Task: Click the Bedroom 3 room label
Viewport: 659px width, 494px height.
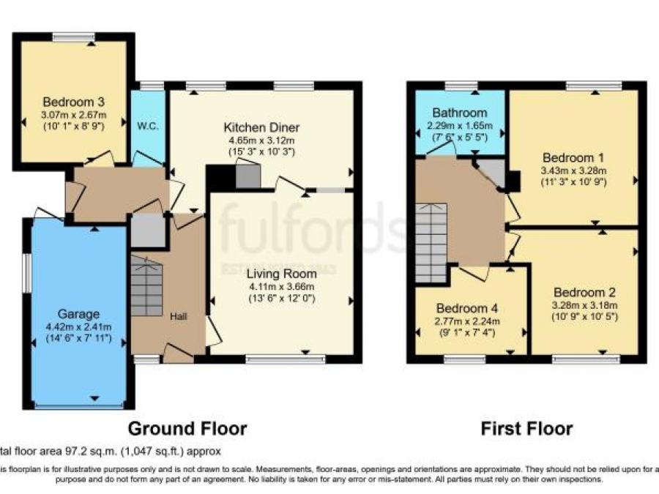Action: click(74, 102)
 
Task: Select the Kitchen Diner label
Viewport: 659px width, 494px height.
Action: click(262, 127)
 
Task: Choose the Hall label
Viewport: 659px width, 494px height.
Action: click(179, 316)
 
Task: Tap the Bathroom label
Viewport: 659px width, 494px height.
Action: click(459, 113)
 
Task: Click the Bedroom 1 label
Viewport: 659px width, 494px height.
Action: click(573, 157)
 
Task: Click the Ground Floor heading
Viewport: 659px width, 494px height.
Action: click(187, 428)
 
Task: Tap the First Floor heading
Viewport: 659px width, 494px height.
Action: click(526, 428)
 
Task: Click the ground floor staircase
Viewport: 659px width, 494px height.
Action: click(147, 286)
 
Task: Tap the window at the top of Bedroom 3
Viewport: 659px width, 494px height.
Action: click(73, 37)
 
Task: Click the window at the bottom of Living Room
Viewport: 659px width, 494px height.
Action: click(286, 359)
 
